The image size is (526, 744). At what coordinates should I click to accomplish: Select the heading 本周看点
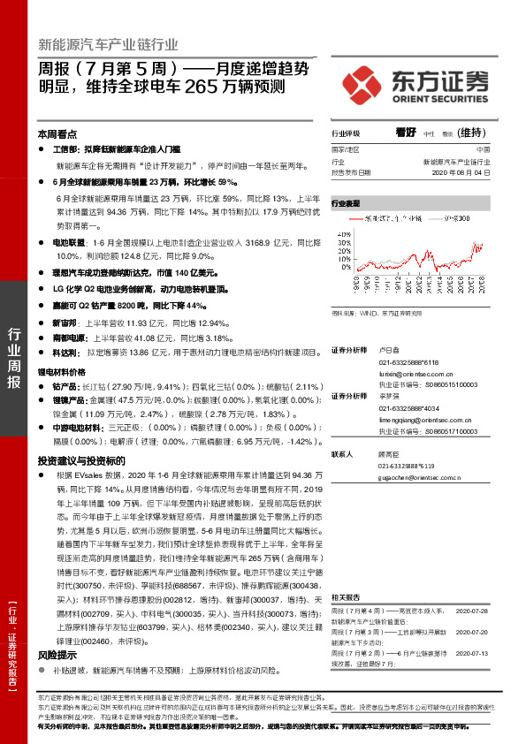[x=57, y=134]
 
